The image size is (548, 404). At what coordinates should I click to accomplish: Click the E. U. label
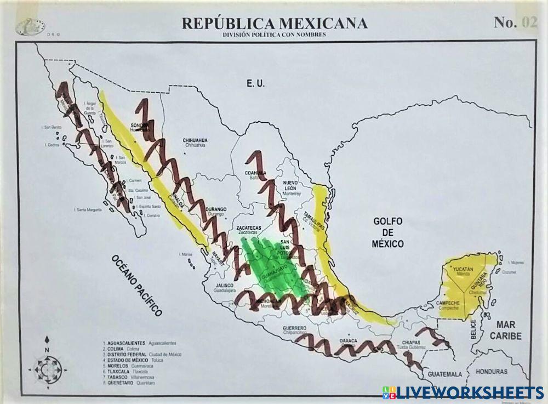[255, 84]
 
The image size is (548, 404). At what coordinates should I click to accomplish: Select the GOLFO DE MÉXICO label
[388, 232]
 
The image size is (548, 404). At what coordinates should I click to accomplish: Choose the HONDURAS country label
[492, 371]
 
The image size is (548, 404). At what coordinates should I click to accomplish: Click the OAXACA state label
[349, 340]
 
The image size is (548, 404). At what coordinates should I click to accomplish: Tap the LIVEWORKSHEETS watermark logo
[463, 391]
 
